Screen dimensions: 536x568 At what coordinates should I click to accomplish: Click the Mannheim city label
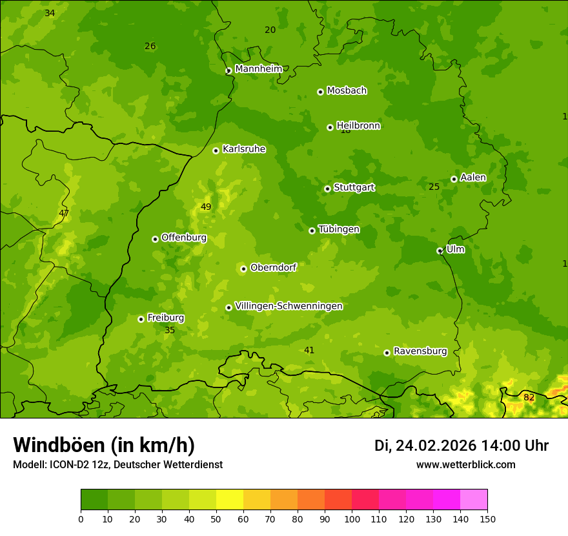(x=258, y=69)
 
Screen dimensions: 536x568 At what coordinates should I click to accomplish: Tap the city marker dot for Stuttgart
(x=327, y=189)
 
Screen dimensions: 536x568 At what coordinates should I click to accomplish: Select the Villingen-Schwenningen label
(x=289, y=306)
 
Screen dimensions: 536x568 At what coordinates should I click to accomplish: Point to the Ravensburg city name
(x=420, y=351)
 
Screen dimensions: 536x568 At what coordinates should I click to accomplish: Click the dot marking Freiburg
(x=141, y=319)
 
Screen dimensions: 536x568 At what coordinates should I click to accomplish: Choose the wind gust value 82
(x=529, y=397)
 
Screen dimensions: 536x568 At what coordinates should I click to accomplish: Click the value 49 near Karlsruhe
(x=206, y=207)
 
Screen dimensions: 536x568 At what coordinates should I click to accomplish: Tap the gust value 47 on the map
(x=64, y=213)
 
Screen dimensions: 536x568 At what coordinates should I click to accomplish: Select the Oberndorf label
(x=273, y=267)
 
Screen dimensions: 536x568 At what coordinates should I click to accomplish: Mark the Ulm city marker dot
(x=440, y=251)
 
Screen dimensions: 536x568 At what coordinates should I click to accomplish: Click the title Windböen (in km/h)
(x=104, y=445)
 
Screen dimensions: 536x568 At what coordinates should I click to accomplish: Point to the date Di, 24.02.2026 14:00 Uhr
(x=462, y=446)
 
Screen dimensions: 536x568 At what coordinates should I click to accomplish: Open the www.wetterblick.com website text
(x=465, y=464)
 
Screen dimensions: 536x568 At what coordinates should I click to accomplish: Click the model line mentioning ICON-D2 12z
(x=117, y=464)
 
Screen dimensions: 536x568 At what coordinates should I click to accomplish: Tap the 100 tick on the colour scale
(x=352, y=519)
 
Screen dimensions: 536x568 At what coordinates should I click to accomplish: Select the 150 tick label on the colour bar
(x=487, y=519)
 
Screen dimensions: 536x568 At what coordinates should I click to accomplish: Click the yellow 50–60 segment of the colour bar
(x=230, y=500)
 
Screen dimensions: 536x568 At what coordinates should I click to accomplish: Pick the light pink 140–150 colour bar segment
(x=474, y=500)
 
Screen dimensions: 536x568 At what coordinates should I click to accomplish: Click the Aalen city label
(x=473, y=178)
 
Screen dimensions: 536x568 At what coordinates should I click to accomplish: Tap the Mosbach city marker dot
(x=320, y=92)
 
